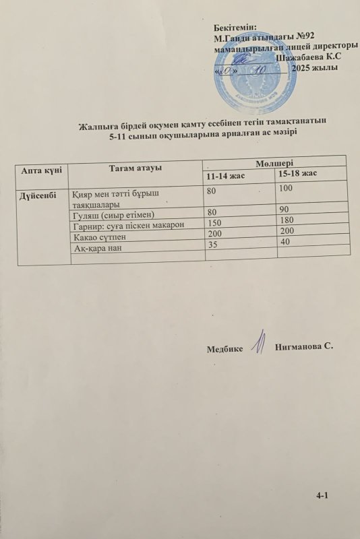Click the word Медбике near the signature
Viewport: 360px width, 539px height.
click(x=225, y=348)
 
